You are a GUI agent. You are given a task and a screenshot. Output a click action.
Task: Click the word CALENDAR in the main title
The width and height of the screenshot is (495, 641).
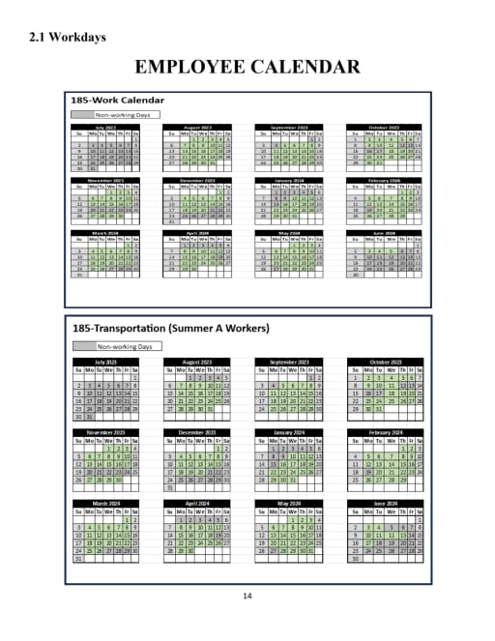[306, 67]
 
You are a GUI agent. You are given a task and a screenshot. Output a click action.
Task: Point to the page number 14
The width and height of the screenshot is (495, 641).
[247, 596]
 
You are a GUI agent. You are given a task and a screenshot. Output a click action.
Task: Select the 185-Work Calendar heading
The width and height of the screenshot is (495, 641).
[117, 100]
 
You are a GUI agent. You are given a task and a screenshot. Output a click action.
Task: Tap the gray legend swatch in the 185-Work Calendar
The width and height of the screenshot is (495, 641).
[81, 114]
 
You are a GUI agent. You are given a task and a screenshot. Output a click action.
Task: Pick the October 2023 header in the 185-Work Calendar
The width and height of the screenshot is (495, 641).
[384, 126]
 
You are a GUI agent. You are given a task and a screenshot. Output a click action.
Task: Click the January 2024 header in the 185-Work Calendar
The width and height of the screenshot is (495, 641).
[292, 180]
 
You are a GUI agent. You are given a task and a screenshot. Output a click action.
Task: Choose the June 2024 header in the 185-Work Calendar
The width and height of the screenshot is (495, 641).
[384, 233]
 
